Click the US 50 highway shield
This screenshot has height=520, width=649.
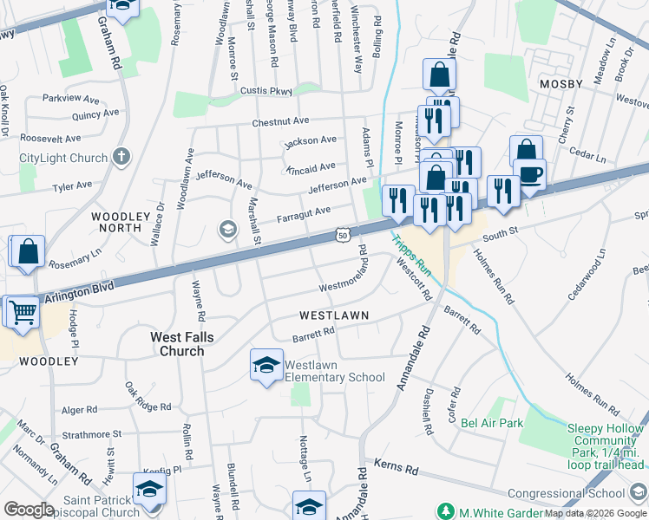[x=343, y=235]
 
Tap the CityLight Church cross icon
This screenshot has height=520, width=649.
[x=121, y=158]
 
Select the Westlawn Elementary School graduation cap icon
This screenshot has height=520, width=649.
[x=266, y=365]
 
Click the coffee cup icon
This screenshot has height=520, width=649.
[x=529, y=173]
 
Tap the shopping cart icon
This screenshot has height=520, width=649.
[x=22, y=311]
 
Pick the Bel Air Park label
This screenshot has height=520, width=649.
[x=492, y=423]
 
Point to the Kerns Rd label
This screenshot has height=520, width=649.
[x=397, y=468]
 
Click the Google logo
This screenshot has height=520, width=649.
[x=29, y=510]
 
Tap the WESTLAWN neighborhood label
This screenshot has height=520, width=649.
[x=334, y=315]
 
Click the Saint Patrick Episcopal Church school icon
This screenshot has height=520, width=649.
[x=149, y=490]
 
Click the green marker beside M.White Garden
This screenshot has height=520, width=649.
[x=446, y=511]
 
